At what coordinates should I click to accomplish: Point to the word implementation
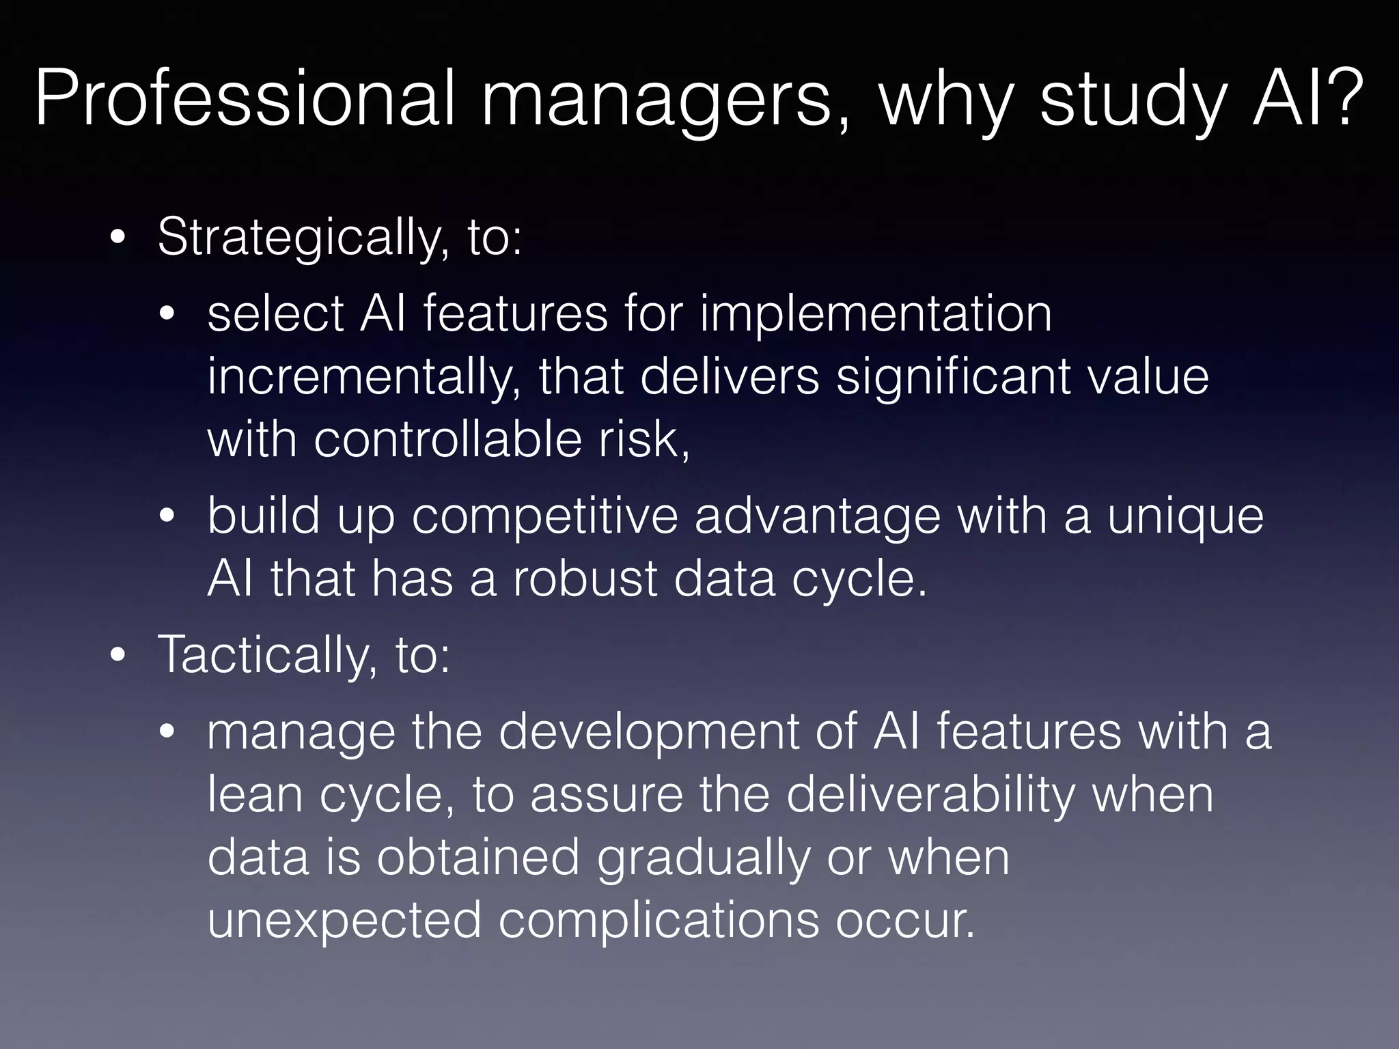tap(875, 316)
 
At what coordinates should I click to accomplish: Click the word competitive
tap(544, 517)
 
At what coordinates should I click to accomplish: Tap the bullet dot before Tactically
tap(118, 656)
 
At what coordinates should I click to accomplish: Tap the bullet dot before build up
tap(168, 518)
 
